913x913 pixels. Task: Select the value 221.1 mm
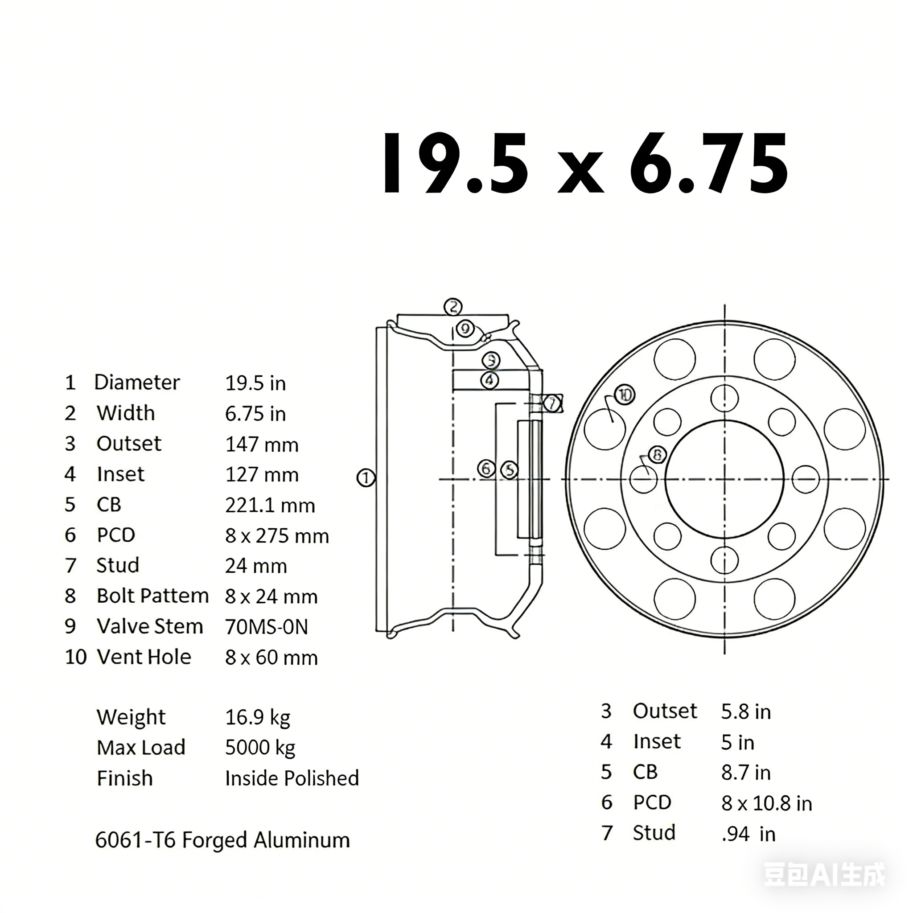pyautogui.click(x=270, y=506)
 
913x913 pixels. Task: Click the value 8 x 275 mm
pyautogui.click(x=277, y=536)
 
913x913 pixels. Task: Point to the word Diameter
pyautogui.click(x=136, y=382)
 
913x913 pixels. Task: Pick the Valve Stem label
pyautogui.click(x=150, y=627)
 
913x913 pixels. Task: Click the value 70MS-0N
pyautogui.click(x=267, y=627)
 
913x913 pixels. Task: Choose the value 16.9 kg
pyautogui.click(x=258, y=717)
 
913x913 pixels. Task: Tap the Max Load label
pyautogui.click(x=141, y=748)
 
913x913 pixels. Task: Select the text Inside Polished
pyautogui.click(x=292, y=778)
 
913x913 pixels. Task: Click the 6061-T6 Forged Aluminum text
pyautogui.click(x=222, y=840)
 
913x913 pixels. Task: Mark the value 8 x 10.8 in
pyautogui.click(x=766, y=803)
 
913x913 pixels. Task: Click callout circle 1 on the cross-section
pyautogui.click(x=365, y=478)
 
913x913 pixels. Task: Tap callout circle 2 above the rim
pyautogui.click(x=453, y=307)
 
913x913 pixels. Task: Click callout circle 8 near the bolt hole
pyautogui.click(x=657, y=455)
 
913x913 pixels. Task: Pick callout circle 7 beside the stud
pyautogui.click(x=551, y=403)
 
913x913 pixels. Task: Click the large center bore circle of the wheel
pyautogui.click(x=724, y=479)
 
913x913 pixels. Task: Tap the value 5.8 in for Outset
pyautogui.click(x=746, y=711)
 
